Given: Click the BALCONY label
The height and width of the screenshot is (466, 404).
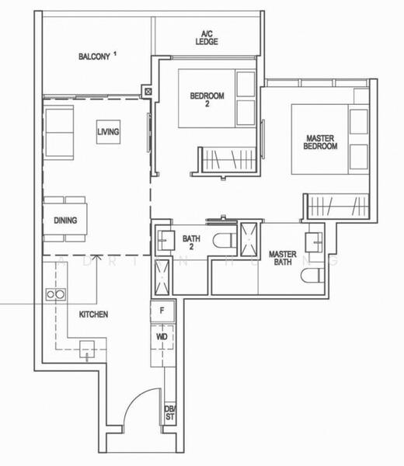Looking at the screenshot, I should [95, 56].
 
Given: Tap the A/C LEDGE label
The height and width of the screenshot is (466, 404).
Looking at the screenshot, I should [206, 37].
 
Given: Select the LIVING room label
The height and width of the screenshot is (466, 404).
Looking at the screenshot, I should [108, 132].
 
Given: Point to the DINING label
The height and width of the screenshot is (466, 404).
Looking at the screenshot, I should [65, 221].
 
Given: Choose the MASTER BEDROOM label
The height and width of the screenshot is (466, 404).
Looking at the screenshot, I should [320, 142].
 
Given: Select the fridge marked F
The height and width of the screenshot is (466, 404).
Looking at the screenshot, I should [161, 311].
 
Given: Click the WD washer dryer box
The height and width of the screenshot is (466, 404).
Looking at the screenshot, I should [161, 338].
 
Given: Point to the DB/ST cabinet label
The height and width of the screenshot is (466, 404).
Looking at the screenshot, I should [169, 413].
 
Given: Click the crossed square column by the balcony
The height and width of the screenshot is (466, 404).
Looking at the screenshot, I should [147, 91].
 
